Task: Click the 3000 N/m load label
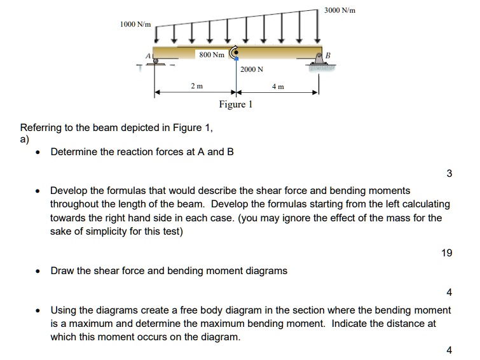pyautogui.click(x=339, y=11)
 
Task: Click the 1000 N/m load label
pyautogui.click(x=135, y=24)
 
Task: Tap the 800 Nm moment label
pyautogui.click(x=211, y=55)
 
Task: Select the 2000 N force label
pyautogui.click(x=252, y=69)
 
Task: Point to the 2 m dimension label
pyautogui.click(x=197, y=85)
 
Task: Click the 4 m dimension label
pyautogui.click(x=278, y=85)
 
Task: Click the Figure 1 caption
pyautogui.click(x=235, y=104)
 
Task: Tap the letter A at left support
pyautogui.click(x=149, y=55)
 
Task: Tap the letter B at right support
pyautogui.click(x=329, y=55)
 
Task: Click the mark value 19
pyautogui.click(x=446, y=253)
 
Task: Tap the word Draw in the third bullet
pyautogui.click(x=62, y=270)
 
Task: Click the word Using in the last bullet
pyautogui.click(x=64, y=310)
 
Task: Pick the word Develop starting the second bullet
pyautogui.click(x=71, y=190)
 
